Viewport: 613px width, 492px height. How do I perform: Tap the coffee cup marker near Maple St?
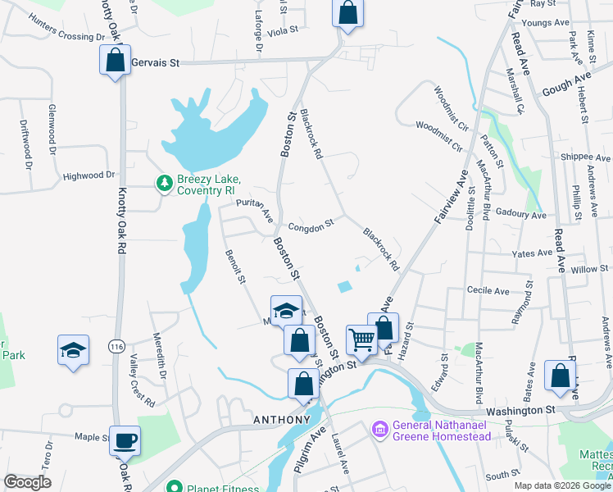click(125, 441)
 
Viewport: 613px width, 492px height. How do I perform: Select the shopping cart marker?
click(361, 338)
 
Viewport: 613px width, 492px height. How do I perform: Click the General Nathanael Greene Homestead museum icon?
click(379, 430)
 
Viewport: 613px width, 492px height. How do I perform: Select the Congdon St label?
click(311, 224)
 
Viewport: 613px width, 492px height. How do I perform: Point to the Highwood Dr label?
click(89, 175)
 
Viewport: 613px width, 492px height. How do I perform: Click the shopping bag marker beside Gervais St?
click(116, 60)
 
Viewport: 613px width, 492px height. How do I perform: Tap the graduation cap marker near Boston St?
click(286, 311)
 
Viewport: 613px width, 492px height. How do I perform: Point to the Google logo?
click(27, 482)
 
